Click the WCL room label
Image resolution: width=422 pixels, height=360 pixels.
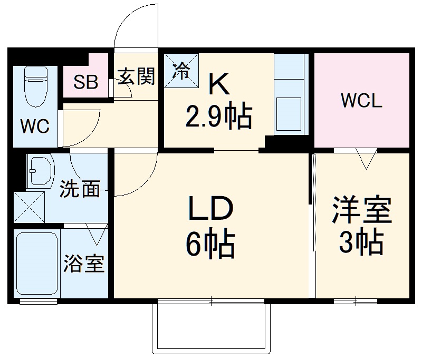pos(361,101)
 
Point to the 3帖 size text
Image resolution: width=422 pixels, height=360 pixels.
pos(361,242)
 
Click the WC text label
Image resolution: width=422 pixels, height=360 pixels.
pos(34,127)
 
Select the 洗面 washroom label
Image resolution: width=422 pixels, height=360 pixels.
pos(79,189)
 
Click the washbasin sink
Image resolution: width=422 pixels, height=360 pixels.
pos(41,171)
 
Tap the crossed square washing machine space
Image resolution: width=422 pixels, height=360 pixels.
pos(29,208)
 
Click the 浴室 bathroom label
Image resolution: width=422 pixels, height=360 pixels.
pos(84,264)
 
